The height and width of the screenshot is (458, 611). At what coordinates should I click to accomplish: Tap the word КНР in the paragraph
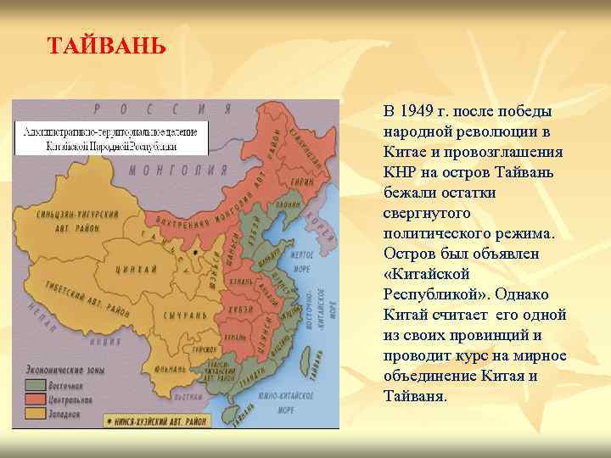(x=400, y=172)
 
